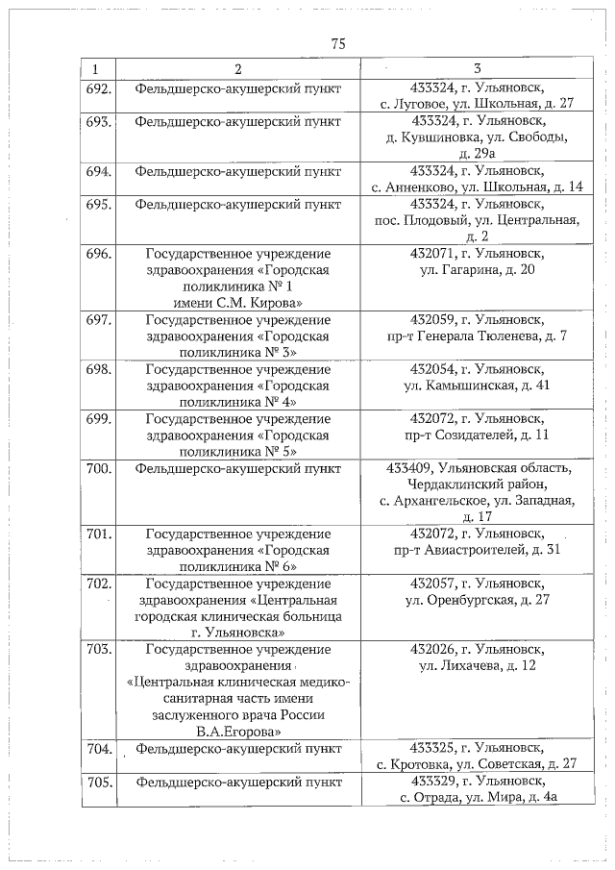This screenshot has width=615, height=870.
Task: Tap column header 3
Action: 478,70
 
